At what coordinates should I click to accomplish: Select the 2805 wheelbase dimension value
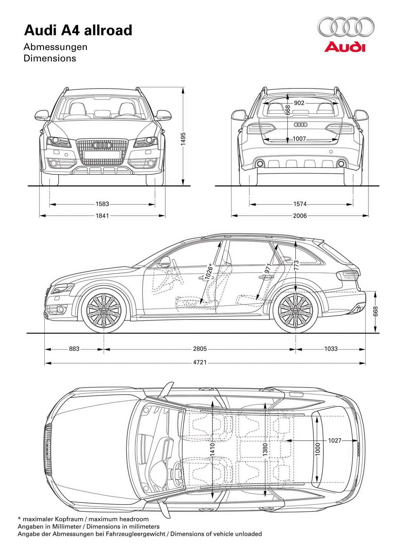click(200, 349)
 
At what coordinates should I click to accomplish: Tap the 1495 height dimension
click(183, 138)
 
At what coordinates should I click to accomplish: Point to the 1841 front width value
click(102, 215)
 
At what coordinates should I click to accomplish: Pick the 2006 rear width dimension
click(300, 215)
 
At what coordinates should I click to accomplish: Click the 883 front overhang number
click(74, 349)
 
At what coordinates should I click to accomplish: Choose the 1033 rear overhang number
click(331, 349)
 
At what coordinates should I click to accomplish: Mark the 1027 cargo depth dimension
click(335, 440)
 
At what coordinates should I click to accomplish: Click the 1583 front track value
click(102, 204)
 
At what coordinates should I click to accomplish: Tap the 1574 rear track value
click(300, 204)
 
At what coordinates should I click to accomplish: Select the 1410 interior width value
click(212, 449)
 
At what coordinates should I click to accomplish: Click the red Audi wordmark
click(345, 47)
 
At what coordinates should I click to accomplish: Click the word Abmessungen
click(56, 47)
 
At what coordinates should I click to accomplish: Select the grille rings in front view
click(102, 145)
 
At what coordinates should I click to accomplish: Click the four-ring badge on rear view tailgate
click(301, 124)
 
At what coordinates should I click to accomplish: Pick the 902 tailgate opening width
click(299, 103)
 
